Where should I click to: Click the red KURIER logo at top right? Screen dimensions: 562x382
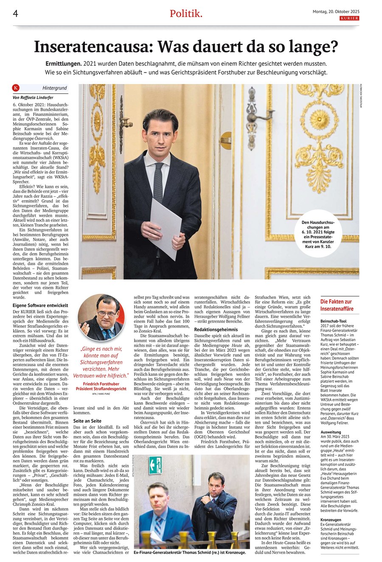(x=348, y=19)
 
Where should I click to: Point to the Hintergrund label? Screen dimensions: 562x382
(x=55, y=88)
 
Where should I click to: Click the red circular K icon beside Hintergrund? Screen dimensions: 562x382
(x=16, y=88)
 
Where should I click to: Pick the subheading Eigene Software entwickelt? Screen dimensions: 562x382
(x=40, y=305)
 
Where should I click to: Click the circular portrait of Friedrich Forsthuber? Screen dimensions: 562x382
(x=101, y=317)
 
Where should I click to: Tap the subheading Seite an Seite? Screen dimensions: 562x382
(x=87, y=420)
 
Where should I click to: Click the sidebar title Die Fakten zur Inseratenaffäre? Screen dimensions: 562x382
(x=336, y=305)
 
